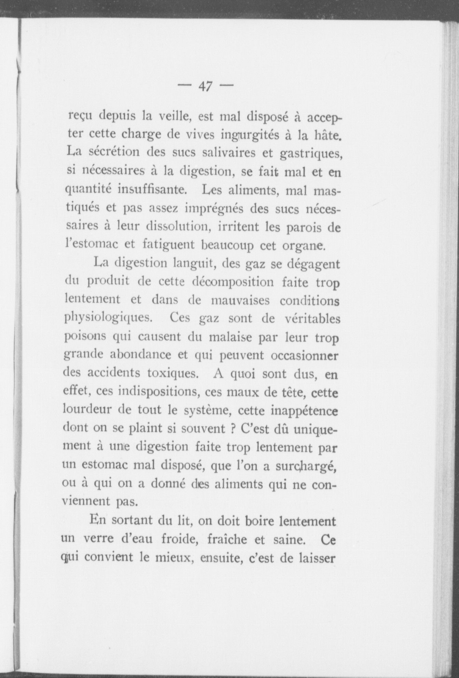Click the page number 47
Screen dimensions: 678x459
click(205, 86)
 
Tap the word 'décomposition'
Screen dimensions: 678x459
click(233, 282)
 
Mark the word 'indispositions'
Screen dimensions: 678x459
click(159, 392)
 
